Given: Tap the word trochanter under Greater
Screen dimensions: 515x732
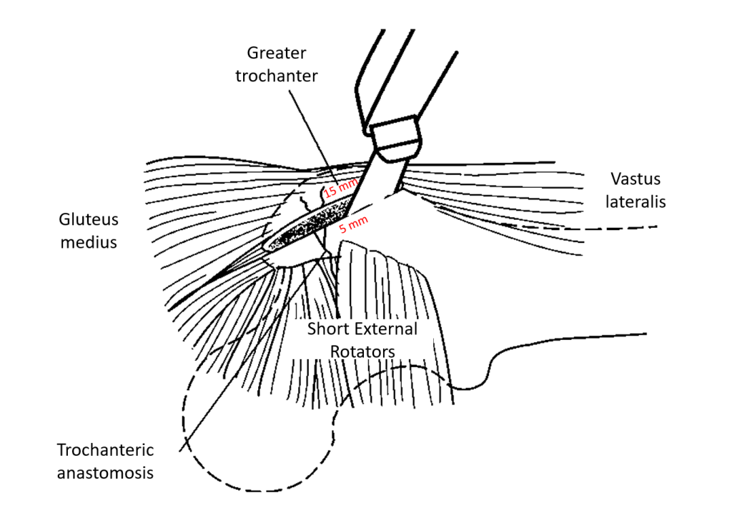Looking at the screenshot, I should coord(277,75).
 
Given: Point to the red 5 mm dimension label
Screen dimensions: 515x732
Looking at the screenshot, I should coord(353,223).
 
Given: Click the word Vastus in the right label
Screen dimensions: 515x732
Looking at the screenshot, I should coord(635,179).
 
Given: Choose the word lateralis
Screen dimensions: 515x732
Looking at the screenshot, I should coord(635,201).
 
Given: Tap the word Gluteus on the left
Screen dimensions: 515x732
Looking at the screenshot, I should coord(89,219).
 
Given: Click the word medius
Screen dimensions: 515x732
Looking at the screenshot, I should coord(89,242).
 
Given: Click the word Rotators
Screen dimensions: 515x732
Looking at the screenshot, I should coord(362,351).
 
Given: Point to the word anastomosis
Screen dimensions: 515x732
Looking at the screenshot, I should coord(106,473).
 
